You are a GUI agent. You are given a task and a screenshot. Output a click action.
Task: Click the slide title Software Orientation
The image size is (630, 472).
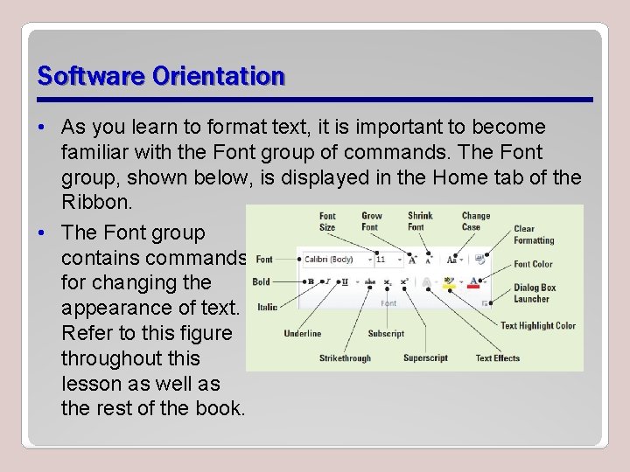pyautogui.click(x=161, y=76)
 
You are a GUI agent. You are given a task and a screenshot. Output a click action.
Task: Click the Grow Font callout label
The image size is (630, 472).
pyautogui.click(x=372, y=221)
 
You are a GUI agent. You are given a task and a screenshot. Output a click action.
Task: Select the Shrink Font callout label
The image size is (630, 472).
pyautogui.click(x=420, y=221)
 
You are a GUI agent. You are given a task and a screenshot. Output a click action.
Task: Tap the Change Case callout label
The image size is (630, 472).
pyautogui.click(x=476, y=221)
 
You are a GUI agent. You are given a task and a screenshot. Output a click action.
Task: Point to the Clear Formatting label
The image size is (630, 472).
pyautogui.click(x=534, y=234)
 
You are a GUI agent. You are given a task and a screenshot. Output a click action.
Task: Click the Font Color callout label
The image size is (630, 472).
pyautogui.click(x=533, y=264)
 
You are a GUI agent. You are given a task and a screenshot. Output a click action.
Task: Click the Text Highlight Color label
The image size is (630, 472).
pyautogui.click(x=537, y=326)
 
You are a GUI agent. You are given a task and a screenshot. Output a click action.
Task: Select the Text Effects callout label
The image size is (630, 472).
pyautogui.click(x=497, y=357)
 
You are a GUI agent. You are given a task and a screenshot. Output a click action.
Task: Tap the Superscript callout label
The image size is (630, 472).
pyautogui.click(x=425, y=357)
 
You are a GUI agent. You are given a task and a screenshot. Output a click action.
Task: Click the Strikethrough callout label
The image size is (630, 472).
pyautogui.click(x=345, y=357)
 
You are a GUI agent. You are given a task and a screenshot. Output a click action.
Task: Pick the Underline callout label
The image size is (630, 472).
pyautogui.click(x=303, y=333)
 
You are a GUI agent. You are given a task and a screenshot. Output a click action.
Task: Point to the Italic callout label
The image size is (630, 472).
pyautogui.click(x=267, y=307)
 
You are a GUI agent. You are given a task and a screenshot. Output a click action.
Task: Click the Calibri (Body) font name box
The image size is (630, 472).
pyautogui.click(x=332, y=260)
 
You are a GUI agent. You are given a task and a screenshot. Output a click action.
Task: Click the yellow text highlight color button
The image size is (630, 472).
pyautogui.click(x=449, y=282)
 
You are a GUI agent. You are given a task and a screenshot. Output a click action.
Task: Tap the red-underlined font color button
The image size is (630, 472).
pyautogui.click(x=473, y=282)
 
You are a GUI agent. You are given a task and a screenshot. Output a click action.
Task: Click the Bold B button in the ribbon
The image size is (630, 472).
pyautogui.click(x=311, y=281)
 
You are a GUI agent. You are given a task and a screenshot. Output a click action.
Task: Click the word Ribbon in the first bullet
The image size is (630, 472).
pyautogui.click(x=95, y=203)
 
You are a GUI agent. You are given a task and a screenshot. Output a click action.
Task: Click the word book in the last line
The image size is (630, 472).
pyautogui.click(x=220, y=408)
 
